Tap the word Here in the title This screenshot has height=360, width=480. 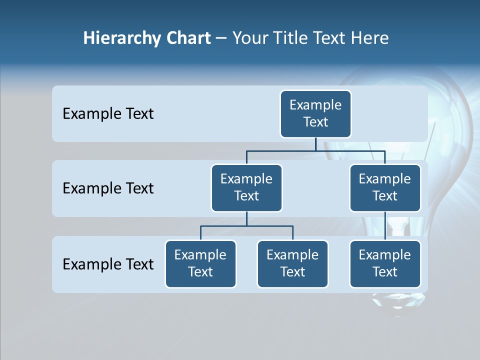[x=369, y=38]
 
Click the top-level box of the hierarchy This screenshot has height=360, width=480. [x=315, y=113]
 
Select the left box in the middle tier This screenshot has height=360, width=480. [x=246, y=187]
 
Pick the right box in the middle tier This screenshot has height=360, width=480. [x=384, y=187]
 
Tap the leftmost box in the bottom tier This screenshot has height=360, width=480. [x=200, y=263]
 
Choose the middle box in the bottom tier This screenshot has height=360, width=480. [x=292, y=263]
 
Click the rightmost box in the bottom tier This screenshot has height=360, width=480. [x=384, y=263]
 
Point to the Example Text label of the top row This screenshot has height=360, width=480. [x=108, y=114]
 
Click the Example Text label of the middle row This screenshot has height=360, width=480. [x=108, y=188]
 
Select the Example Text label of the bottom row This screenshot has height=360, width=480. [x=108, y=264]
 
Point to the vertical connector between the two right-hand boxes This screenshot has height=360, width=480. [x=384, y=226]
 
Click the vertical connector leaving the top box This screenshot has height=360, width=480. [x=315, y=144]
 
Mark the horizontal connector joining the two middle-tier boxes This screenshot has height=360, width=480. [x=315, y=150]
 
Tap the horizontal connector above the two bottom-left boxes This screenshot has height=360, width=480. [x=246, y=226]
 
